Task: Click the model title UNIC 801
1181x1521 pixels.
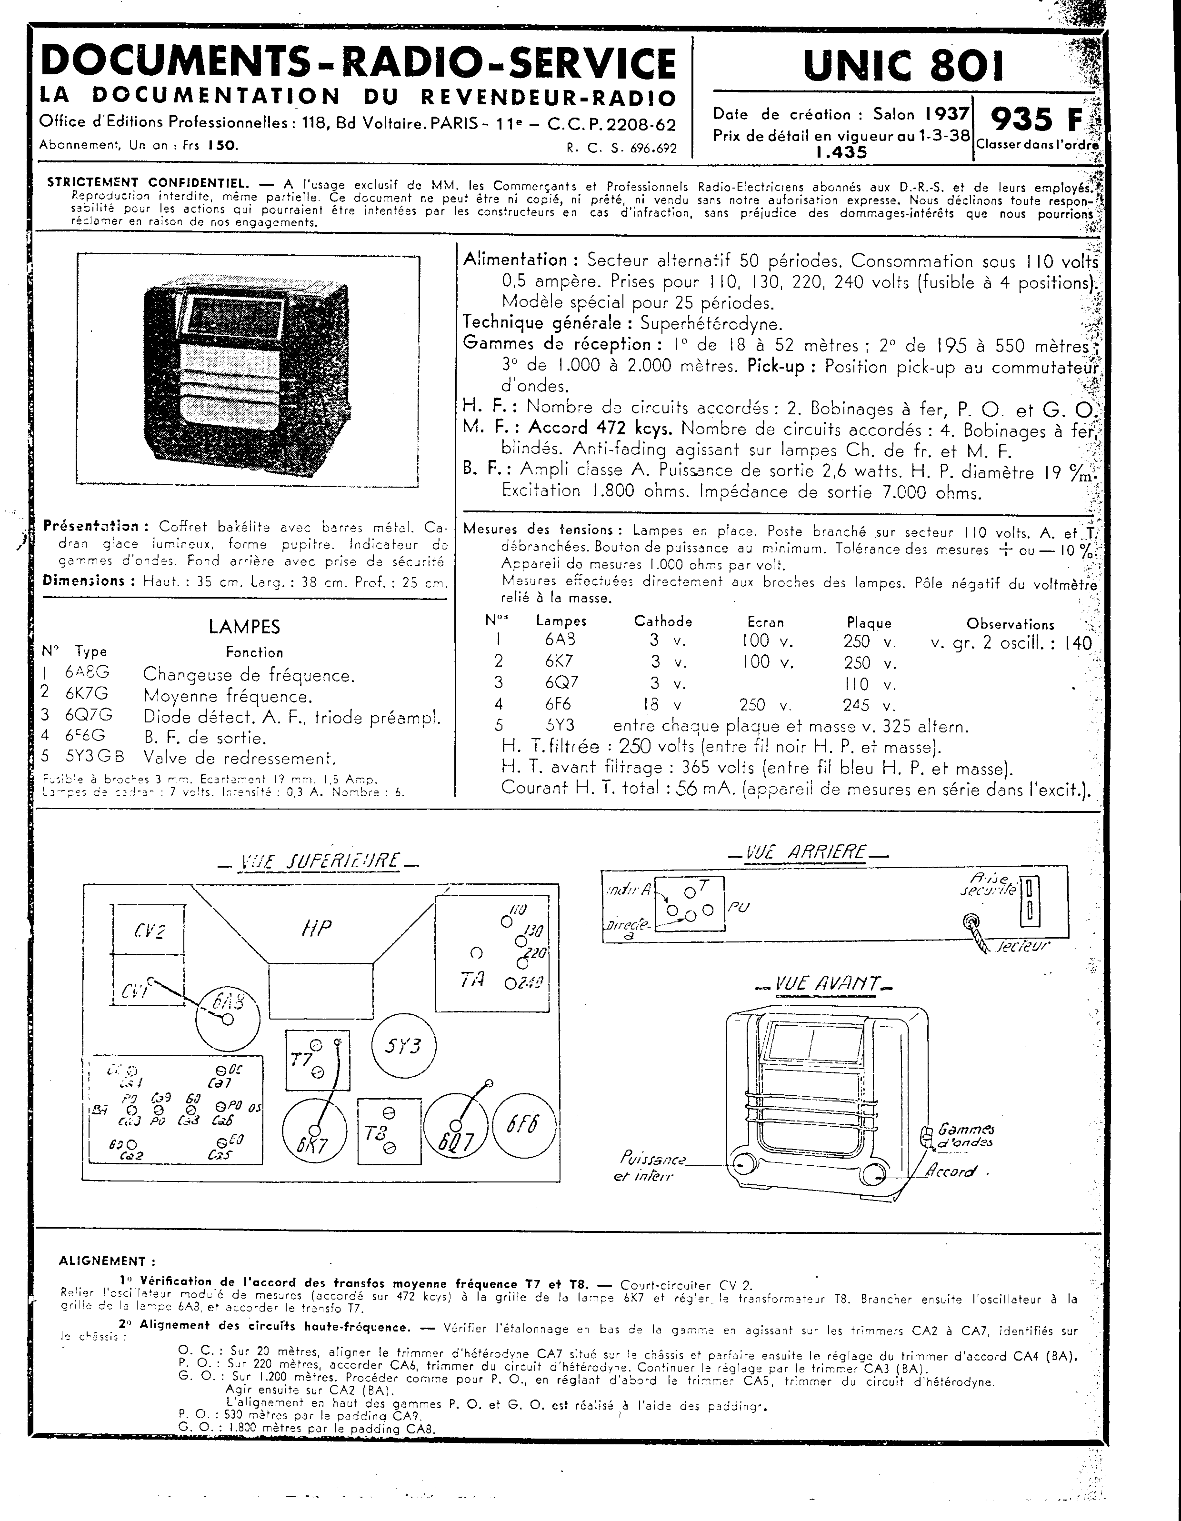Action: pyautogui.click(x=903, y=66)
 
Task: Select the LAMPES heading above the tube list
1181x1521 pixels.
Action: pyautogui.click(x=244, y=627)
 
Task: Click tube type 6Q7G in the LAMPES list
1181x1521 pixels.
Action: pyautogui.click(x=89, y=716)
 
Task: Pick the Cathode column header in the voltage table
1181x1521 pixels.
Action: pyautogui.click(x=662, y=621)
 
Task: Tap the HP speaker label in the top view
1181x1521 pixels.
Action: pyautogui.click(x=316, y=928)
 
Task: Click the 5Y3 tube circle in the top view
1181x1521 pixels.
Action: pyautogui.click(x=402, y=1046)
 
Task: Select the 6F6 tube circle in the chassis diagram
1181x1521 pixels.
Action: pyautogui.click(x=524, y=1126)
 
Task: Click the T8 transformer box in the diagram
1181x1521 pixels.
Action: pyautogui.click(x=389, y=1132)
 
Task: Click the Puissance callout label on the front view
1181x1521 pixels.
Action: pyautogui.click(x=652, y=1160)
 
